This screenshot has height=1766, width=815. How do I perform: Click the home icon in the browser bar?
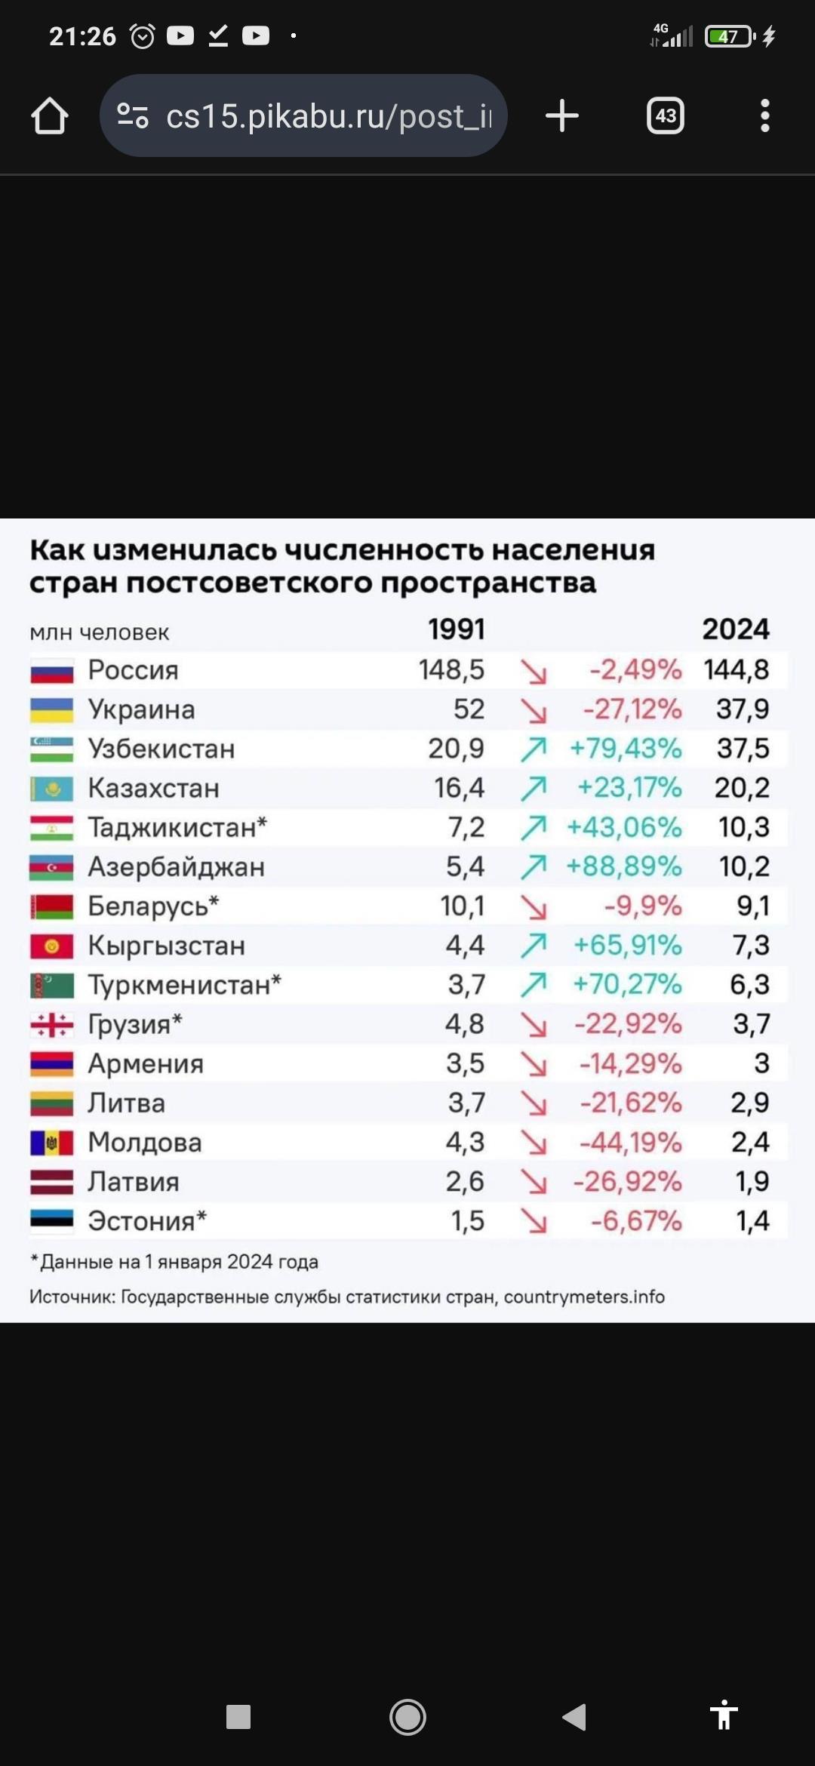point(50,116)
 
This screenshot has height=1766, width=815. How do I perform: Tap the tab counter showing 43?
point(665,116)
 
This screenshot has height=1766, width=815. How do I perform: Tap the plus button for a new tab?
point(561,116)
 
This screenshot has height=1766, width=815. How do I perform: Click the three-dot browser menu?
point(764,116)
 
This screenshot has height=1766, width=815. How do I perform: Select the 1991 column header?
point(456,629)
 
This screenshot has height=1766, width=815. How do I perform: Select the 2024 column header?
point(735,629)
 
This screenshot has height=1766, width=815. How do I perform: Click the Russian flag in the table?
point(51,670)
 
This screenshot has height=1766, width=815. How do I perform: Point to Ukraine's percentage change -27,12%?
point(632,709)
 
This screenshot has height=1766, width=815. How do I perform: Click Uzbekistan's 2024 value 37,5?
point(743,749)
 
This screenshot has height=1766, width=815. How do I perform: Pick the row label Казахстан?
point(153,788)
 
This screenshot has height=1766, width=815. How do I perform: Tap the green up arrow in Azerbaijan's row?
point(534,867)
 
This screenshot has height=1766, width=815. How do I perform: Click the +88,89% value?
point(623,866)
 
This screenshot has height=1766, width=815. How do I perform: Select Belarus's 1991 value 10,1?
point(462,906)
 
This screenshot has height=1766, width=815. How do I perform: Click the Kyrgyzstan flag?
point(51,946)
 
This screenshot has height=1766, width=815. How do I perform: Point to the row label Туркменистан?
point(183,985)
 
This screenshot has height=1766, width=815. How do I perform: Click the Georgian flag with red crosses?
point(51,1024)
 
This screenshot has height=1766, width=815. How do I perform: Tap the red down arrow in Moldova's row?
point(534,1143)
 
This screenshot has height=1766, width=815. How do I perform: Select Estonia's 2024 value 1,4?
point(752,1221)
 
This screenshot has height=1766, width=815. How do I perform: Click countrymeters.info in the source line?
point(584,1297)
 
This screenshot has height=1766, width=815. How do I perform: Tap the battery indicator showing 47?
point(729,36)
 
